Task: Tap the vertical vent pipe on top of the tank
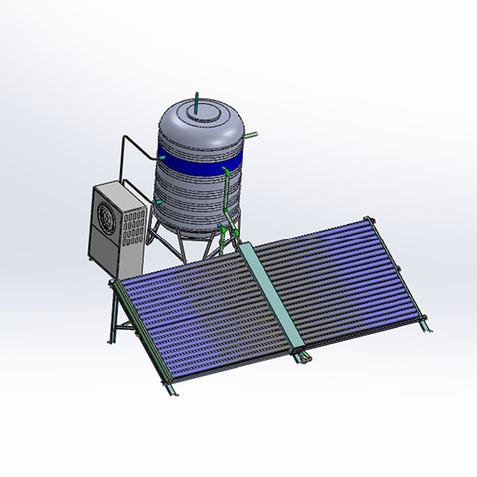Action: click(x=198, y=98)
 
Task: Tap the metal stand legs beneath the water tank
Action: click(x=164, y=238)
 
